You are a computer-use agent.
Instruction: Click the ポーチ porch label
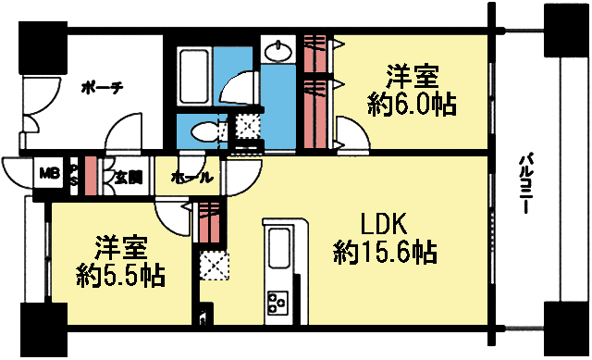coord(102,88)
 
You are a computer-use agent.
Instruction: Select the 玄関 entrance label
coord(128,177)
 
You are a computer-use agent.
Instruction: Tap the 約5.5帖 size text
coord(120,276)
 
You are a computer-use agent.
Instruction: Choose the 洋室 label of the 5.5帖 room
coord(120,248)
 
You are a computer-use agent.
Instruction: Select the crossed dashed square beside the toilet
coord(247,125)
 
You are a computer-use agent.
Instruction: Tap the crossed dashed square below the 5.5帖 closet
coord(213,265)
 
